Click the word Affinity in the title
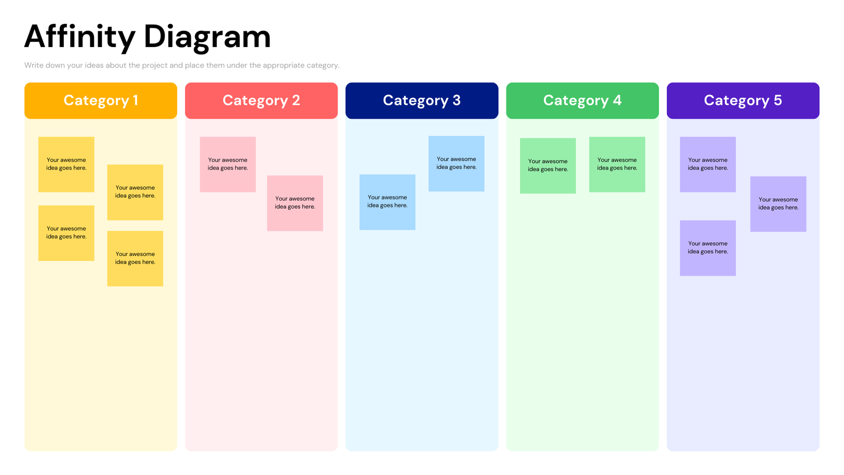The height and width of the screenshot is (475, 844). point(80,37)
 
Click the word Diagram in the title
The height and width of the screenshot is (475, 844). point(207,37)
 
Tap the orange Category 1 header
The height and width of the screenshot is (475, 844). point(101,100)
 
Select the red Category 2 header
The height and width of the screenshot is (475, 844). point(261,100)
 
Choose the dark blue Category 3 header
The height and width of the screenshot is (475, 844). point(421,100)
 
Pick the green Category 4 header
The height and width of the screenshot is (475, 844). point(582,100)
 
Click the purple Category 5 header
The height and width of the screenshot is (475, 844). point(743,100)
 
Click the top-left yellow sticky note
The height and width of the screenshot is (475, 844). point(66,164)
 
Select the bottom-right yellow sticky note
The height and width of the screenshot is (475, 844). point(135,259)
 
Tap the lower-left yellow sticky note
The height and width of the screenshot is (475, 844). point(66,233)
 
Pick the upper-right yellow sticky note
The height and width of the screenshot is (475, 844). point(135,192)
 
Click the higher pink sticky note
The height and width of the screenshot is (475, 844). point(227,164)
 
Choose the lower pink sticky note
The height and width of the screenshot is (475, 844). point(295,203)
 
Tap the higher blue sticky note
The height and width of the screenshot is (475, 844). point(456,164)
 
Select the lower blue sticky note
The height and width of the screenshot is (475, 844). point(387,202)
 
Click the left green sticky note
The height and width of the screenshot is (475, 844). point(548,166)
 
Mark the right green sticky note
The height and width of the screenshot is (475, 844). point(617,164)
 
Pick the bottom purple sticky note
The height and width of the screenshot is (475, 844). point(707,248)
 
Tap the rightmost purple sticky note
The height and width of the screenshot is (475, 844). point(778,204)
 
